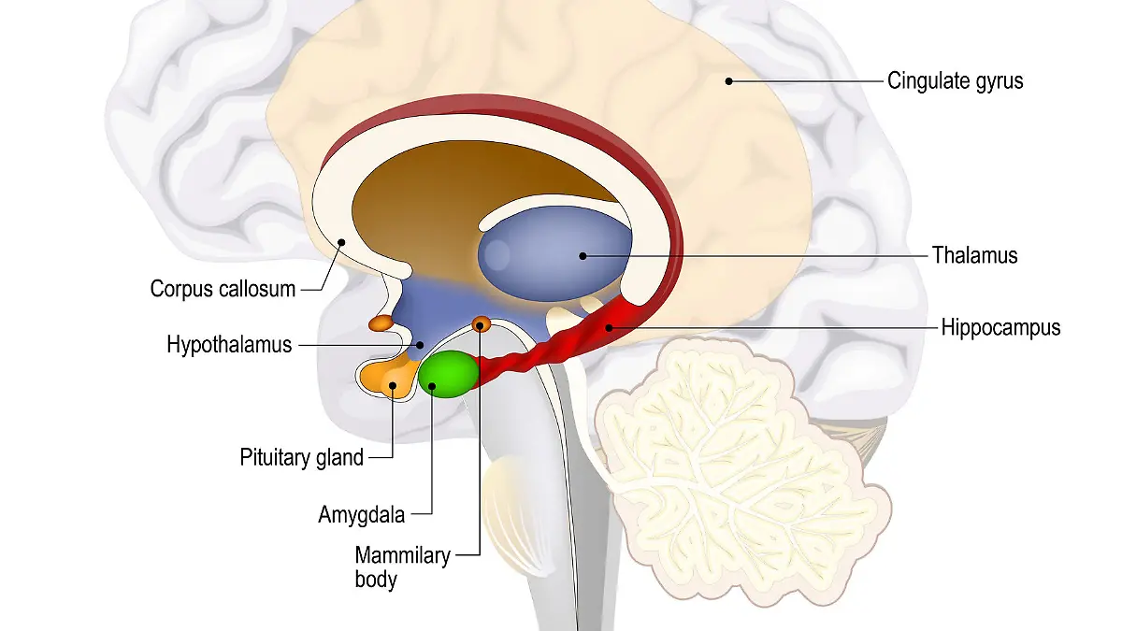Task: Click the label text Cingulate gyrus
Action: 955,81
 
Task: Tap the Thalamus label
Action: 973,254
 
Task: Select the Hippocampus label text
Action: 1000,328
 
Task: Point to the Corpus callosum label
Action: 223,289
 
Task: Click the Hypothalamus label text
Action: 229,345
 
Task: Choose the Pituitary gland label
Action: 301,458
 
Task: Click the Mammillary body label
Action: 402,566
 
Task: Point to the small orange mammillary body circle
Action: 482,324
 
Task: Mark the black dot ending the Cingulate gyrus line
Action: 729,81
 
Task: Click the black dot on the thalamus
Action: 582,254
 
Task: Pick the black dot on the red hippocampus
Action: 609,328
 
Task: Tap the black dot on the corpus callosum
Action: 342,241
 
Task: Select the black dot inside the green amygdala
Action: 432,384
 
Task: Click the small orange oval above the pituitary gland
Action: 381,323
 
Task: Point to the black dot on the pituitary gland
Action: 393,384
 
